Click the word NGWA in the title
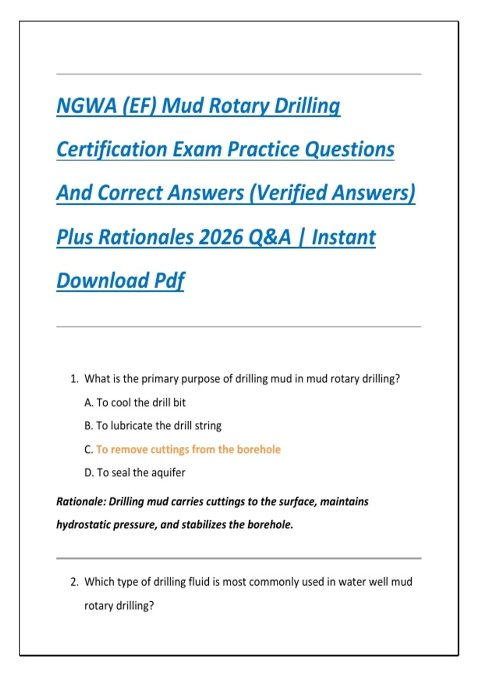pyautogui.click(x=87, y=106)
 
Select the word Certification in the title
pyautogui.click(x=112, y=150)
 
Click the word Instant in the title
pyautogui.click(x=343, y=237)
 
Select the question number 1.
pyautogui.click(x=74, y=379)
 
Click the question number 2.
pyautogui.click(x=74, y=582)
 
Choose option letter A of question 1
pyautogui.click(x=88, y=402)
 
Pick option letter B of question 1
pyautogui.click(x=88, y=426)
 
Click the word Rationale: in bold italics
pyautogui.click(x=81, y=501)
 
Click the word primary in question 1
pyautogui.click(x=160, y=379)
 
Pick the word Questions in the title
pyautogui.click(x=349, y=150)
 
